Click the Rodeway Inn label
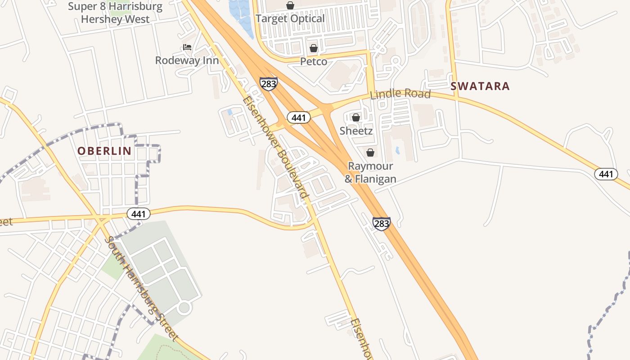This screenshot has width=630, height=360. pyautogui.click(x=187, y=60)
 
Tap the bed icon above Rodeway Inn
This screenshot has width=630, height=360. pyautogui.click(x=187, y=47)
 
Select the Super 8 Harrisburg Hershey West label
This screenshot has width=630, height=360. pyautogui.click(x=115, y=13)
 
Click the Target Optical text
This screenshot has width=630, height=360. pyautogui.click(x=290, y=18)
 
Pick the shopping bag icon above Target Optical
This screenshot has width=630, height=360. pyautogui.click(x=290, y=5)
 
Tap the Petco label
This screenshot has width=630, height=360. pyautogui.click(x=314, y=61)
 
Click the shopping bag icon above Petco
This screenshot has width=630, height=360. pyautogui.click(x=314, y=48)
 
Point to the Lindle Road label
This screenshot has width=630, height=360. pyautogui.click(x=400, y=94)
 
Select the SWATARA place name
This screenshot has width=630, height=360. pyautogui.click(x=480, y=86)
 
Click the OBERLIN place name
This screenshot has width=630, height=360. pyautogui.click(x=104, y=151)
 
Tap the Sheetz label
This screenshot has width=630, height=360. pyautogui.click(x=356, y=131)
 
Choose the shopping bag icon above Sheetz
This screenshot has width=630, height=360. pyautogui.click(x=356, y=117)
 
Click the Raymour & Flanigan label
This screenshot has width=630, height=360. pyautogui.click(x=370, y=172)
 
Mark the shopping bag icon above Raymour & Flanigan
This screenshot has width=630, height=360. pyautogui.click(x=370, y=153)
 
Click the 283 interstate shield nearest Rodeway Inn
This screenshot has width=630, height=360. pyautogui.click(x=268, y=84)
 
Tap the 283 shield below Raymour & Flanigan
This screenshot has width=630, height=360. pyautogui.click(x=381, y=224)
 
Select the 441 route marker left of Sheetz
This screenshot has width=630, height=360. pyautogui.click(x=298, y=118)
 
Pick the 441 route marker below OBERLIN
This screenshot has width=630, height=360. pyautogui.click(x=138, y=214)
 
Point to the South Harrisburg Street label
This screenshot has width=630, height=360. pyautogui.click(x=142, y=288)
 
